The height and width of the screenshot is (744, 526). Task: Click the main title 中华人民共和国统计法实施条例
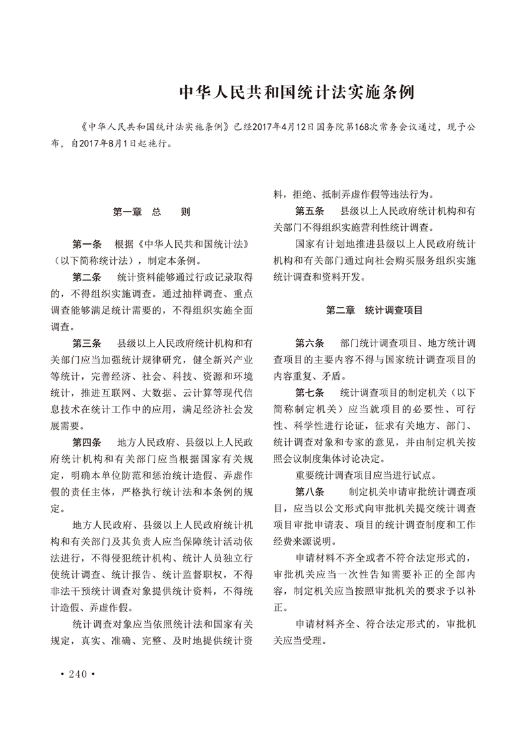[x=298, y=92]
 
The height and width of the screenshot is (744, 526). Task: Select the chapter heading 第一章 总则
[x=151, y=213]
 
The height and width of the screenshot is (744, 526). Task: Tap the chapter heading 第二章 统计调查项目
[x=375, y=310]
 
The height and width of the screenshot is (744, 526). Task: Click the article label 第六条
[x=310, y=343]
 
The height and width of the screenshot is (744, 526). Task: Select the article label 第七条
[x=310, y=393]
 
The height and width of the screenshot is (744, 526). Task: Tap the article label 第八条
[x=310, y=492]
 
